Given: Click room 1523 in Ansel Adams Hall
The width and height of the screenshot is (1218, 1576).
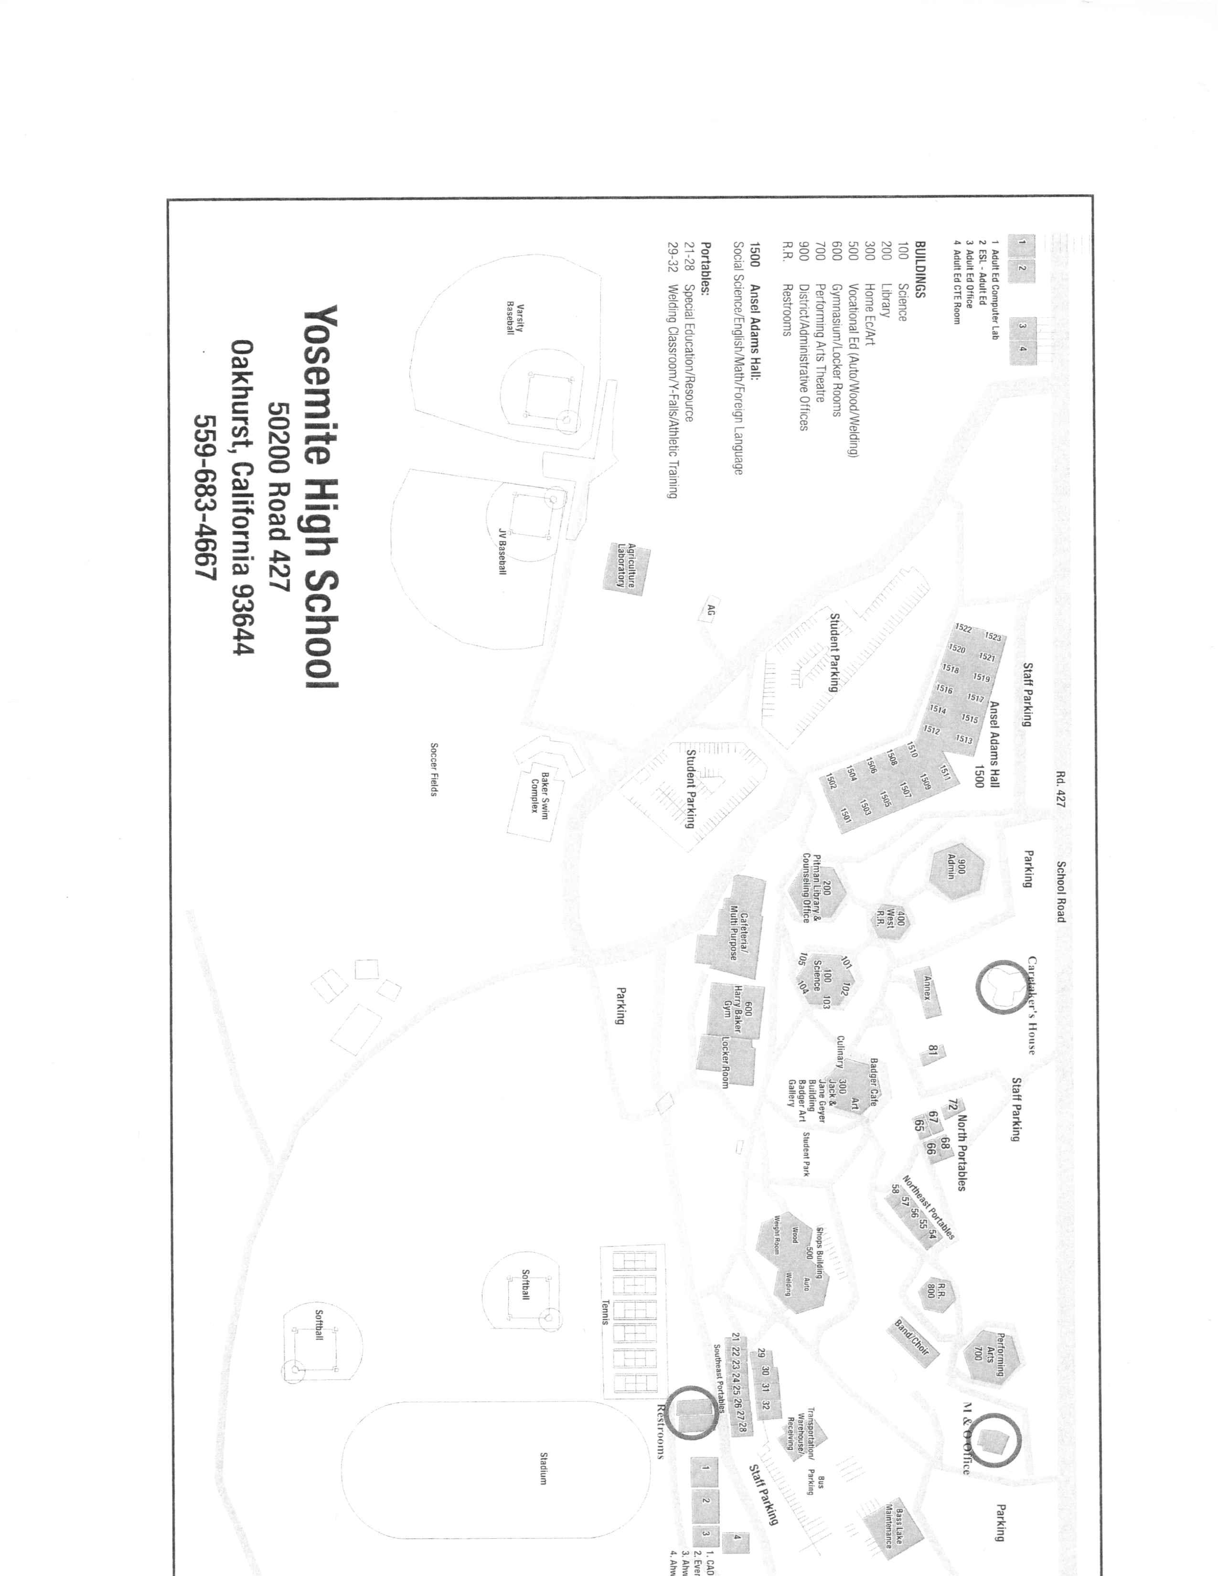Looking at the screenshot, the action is point(993,637).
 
